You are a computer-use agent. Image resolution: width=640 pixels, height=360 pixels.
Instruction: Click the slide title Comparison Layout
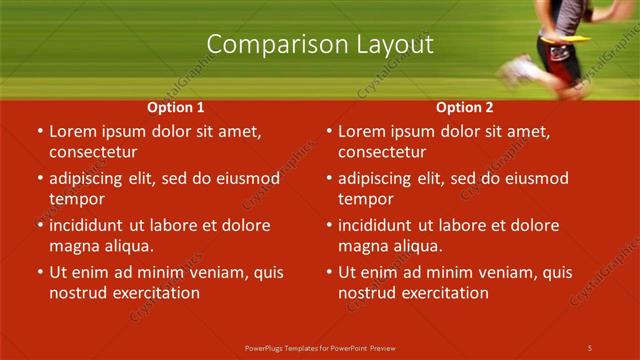tap(320, 45)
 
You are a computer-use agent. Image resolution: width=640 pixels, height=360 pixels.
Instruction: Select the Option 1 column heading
tap(176, 107)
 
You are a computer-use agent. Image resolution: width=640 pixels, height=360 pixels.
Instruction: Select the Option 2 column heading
tap(465, 107)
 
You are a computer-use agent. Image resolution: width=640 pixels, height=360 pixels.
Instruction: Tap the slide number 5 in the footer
tap(590, 347)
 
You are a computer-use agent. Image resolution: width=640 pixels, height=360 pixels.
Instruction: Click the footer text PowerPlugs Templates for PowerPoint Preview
tap(320, 347)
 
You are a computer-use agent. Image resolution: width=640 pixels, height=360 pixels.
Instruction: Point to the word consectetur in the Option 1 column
tap(93, 152)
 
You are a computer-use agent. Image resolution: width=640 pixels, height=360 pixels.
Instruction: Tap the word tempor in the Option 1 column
tap(71, 200)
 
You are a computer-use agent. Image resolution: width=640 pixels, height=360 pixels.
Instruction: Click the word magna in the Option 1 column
tap(71, 246)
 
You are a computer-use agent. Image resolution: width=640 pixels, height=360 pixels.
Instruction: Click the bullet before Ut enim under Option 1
tap(39, 272)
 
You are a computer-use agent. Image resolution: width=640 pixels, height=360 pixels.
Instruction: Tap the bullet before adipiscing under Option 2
tap(328, 179)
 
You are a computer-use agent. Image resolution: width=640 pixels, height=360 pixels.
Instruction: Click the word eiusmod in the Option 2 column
tap(537, 179)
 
